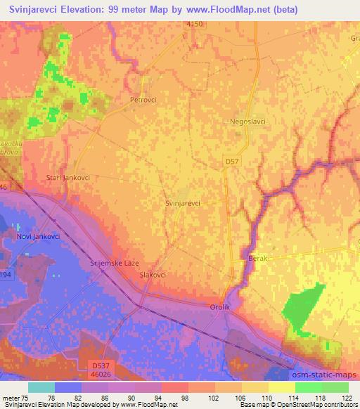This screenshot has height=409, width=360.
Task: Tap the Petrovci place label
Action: click(x=143, y=100)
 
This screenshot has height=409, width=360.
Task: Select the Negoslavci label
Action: click(x=247, y=122)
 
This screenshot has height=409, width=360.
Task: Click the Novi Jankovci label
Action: click(x=37, y=237)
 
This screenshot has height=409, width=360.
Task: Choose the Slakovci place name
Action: click(x=153, y=275)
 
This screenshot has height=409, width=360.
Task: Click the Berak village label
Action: click(x=259, y=259)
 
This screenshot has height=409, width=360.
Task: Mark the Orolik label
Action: click(x=220, y=308)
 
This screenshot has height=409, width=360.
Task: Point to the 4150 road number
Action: click(x=195, y=25)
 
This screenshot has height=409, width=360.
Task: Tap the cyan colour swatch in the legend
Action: click(x=41, y=387)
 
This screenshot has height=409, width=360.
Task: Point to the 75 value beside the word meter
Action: click(x=28, y=398)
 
